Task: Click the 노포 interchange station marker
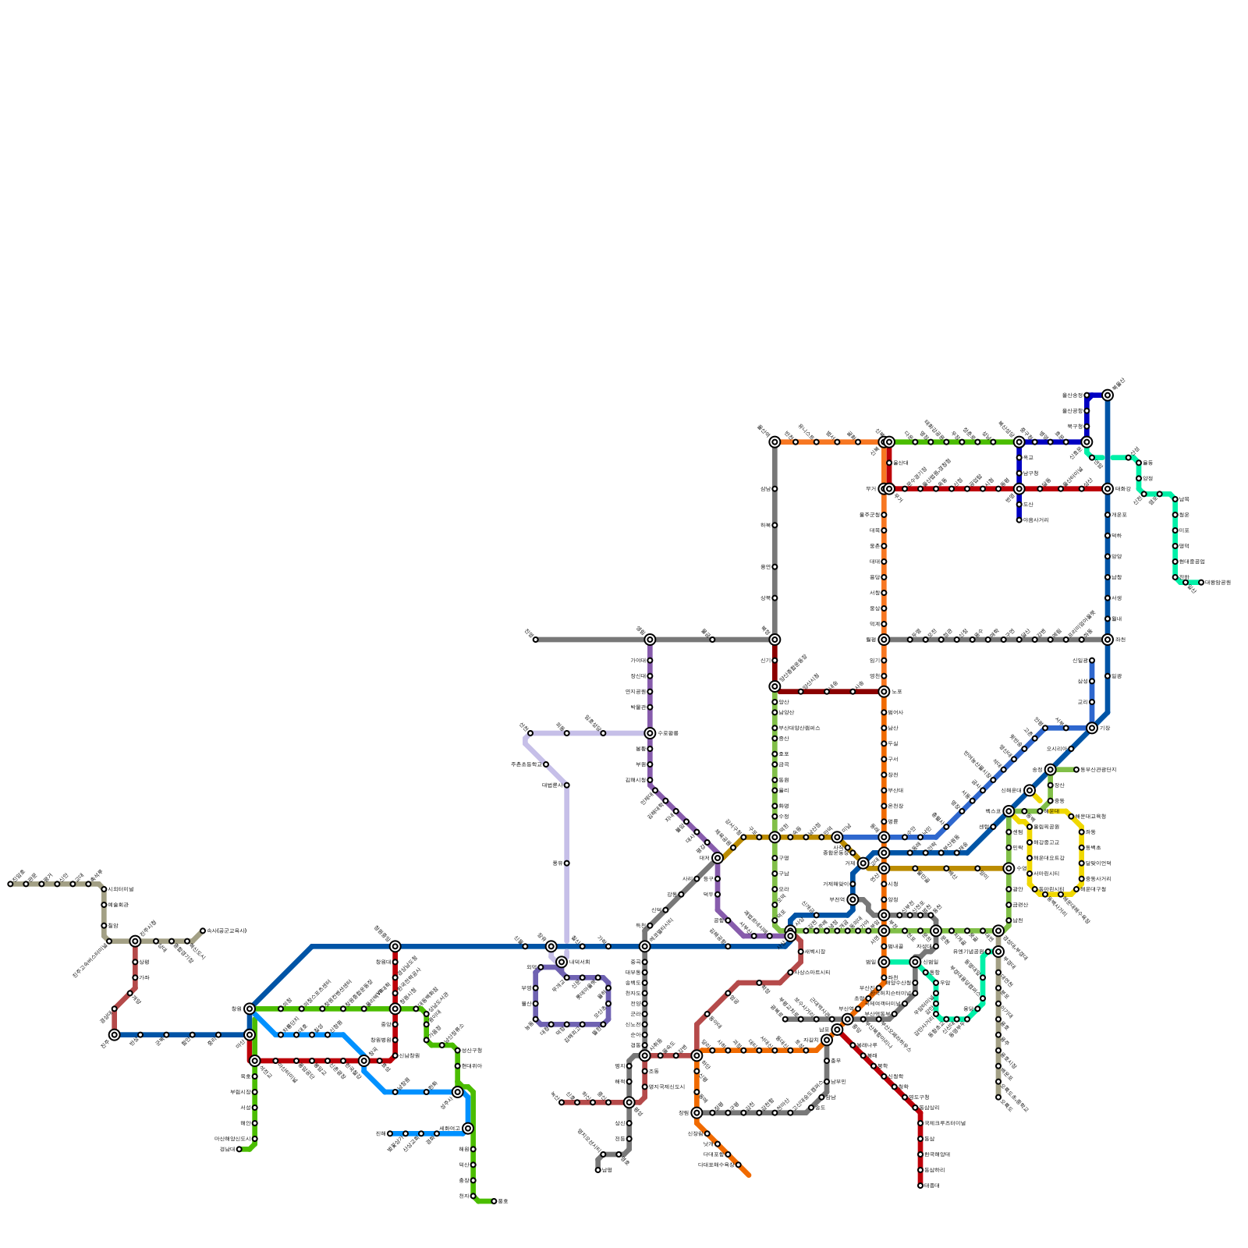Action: tap(884, 692)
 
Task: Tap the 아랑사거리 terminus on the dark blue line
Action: tap(1019, 520)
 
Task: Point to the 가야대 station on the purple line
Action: tap(650, 661)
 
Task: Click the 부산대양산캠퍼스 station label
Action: tap(799, 728)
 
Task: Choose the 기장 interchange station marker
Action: tap(1092, 728)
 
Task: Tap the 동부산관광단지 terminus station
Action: tap(1076, 770)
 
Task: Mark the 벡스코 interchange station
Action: tap(1009, 811)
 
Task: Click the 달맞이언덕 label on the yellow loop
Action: tap(1100, 863)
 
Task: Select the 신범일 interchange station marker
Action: tap(915, 962)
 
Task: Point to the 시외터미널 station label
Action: tap(121, 889)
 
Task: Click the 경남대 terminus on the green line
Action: tap(239, 1149)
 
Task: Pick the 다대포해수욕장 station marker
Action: tap(738, 1165)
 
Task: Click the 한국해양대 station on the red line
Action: tap(920, 1154)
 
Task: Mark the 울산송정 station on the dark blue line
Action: tap(1087, 395)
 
